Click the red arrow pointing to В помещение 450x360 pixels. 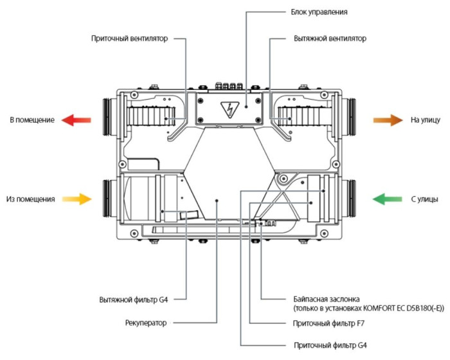(77, 120)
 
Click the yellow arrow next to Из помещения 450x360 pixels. (77, 199)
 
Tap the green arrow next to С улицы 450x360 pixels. (387, 199)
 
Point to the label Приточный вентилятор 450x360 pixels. (130, 39)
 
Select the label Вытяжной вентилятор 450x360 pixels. (329, 39)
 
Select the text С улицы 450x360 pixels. (424, 200)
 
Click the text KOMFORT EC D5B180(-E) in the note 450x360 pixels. (403, 309)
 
